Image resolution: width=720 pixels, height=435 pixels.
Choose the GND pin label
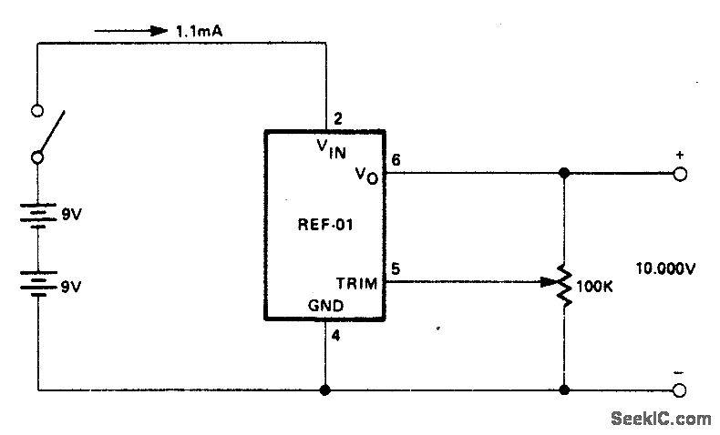click(326, 308)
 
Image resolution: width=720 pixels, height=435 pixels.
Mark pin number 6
click(395, 160)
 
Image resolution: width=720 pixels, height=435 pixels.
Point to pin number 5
click(395, 268)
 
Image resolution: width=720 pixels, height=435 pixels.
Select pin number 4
click(336, 334)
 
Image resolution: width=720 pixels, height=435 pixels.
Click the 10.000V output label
click(665, 269)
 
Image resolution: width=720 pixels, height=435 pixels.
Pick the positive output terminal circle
click(679, 173)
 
